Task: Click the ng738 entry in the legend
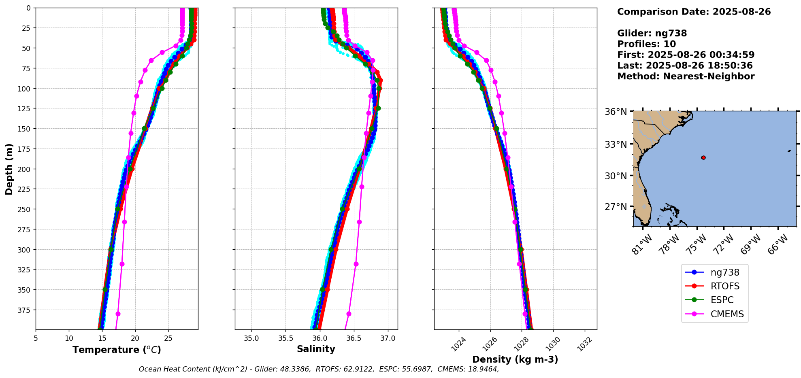pyautogui.click(x=724, y=272)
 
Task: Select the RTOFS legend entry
pyautogui.click(x=724, y=286)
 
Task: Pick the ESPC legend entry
pyautogui.click(x=722, y=300)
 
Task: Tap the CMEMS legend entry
pyautogui.click(x=727, y=314)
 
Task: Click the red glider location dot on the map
pyautogui.click(x=703, y=157)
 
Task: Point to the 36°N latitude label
pyautogui.click(x=616, y=112)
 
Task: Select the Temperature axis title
pyautogui.click(x=117, y=350)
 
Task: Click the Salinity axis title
pyautogui.click(x=316, y=349)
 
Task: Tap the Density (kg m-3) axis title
pyautogui.click(x=515, y=359)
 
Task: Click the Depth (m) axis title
pyautogui.click(x=9, y=169)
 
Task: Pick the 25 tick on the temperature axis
pyautogui.click(x=168, y=338)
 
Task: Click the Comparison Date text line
pyautogui.click(x=694, y=12)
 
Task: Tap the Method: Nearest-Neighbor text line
pyautogui.click(x=686, y=76)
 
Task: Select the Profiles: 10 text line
pyautogui.click(x=646, y=44)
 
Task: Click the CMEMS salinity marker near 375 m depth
pyautogui.click(x=349, y=314)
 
